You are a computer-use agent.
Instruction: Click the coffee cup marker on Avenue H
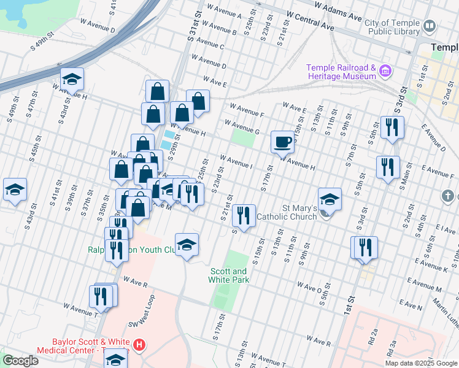[283, 142]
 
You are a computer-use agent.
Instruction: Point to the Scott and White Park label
[229, 275]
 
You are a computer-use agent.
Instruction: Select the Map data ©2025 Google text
[421, 363]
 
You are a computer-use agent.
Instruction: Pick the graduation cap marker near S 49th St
[15, 190]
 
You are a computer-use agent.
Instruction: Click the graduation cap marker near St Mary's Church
[330, 199]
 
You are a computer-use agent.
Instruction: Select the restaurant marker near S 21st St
[245, 215]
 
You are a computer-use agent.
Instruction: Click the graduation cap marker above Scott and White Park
[187, 245]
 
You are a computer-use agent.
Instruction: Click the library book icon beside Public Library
[430, 26]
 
